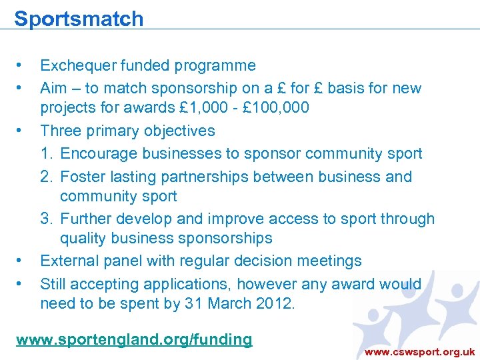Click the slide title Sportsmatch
tap(79, 18)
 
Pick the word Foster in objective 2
tap(81, 177)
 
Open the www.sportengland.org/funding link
tap(134, 339)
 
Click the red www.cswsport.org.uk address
tap(419, 351)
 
